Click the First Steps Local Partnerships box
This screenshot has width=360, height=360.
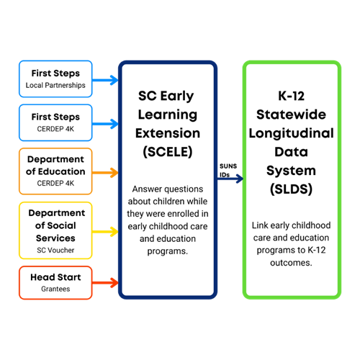click(x=55, y=79)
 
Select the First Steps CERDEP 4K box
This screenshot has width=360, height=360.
click(x=55, y=122)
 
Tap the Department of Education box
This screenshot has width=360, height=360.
click(x=55, y=171)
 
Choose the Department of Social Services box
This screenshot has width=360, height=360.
click(x=55, y=230)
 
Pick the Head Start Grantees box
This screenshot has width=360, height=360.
click(x=55, y=283)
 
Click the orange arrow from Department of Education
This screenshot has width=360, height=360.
click(x=105, y=173)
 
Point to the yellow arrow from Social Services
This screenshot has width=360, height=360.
click(x=105, y=232)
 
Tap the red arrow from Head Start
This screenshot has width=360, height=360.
click(x=105, y=283)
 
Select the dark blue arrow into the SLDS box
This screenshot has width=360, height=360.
click(x=230, y=179)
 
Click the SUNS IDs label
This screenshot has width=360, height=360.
click(x=228, y=170)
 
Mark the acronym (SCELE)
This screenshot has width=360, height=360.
click(x=168, y=152)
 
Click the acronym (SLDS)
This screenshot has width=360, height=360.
click(x=292, y=189)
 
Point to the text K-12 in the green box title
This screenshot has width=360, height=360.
click(x=292, y=96)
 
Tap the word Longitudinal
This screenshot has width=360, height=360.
click(x=292, y=133)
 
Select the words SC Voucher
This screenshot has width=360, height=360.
click(x=55, y=250)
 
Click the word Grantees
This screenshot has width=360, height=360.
click(x=55, y=289)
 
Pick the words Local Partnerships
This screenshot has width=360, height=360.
click(x=55, y=85)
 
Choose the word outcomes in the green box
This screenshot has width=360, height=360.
click(x=291, y=263)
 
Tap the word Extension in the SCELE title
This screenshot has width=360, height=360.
click(x=168, y=133)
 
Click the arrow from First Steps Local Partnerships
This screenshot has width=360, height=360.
click(x=105, y=80)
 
